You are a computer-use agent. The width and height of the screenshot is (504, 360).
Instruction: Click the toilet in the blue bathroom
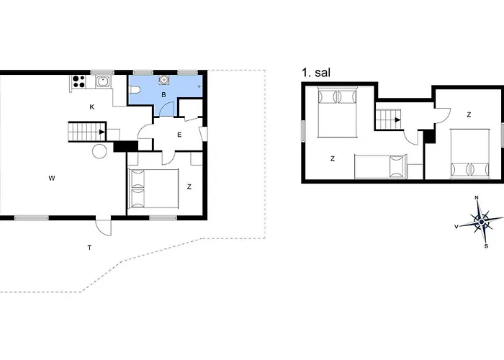135,90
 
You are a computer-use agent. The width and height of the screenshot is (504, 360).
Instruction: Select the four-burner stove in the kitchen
78,81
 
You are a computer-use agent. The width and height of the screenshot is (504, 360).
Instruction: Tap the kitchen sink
103,81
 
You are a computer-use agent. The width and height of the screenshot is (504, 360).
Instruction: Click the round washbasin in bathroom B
163,80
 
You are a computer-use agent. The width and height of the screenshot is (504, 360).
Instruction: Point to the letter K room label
92,107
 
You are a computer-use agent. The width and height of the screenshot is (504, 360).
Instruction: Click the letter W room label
51,178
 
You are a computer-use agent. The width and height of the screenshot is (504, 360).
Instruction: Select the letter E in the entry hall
179,135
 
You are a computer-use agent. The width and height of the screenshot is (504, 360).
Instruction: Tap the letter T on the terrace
90,248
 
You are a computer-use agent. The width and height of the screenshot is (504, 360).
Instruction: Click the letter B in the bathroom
163,95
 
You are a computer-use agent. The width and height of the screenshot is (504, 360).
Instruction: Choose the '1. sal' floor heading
316,73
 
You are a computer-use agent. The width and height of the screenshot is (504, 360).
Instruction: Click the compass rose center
481,222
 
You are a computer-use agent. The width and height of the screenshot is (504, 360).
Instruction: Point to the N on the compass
477,198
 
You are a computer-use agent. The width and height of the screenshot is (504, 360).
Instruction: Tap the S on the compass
486,246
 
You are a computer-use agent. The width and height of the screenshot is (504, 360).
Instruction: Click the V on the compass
456,227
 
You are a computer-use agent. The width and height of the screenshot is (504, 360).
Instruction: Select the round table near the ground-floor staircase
99,150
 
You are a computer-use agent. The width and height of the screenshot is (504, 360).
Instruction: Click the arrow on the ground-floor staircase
102,132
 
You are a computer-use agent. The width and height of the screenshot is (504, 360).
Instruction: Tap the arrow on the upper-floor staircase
397,120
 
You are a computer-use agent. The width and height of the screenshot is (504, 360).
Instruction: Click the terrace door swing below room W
104,228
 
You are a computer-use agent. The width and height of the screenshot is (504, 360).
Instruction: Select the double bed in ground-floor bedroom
153,189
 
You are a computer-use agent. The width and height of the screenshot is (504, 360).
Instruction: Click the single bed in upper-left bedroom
380,166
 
